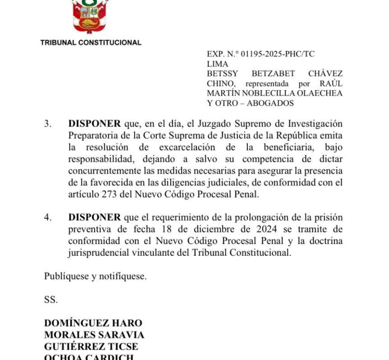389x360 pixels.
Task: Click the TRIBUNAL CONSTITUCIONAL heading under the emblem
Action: point(91,43)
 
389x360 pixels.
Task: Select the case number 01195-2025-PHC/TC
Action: point(278,54)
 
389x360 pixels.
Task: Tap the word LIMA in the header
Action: point(217,64)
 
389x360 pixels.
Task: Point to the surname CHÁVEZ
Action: point(325,74)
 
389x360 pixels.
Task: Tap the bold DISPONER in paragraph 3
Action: point(94,124)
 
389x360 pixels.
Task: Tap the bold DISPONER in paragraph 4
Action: point(94,217)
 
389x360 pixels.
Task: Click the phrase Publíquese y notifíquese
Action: point(95,277)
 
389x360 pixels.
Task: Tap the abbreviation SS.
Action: point(51,300)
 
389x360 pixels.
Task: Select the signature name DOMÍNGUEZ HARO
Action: point(93,323)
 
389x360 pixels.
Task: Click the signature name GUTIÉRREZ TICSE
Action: point(91,346)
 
